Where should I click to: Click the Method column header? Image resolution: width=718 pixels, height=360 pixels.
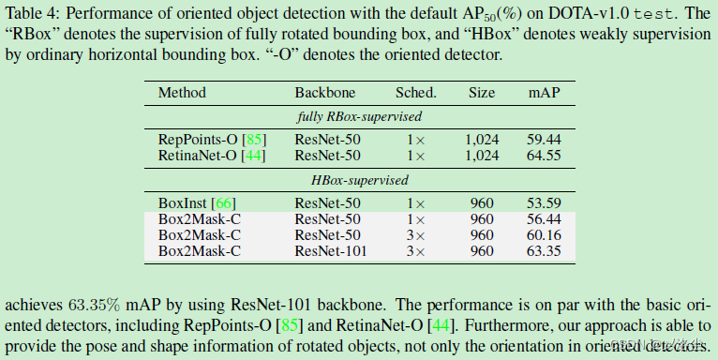182,94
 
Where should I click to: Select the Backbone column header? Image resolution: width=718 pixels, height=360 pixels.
323,94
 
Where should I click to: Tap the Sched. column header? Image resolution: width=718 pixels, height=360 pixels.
416,94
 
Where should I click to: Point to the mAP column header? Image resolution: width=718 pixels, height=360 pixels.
544,94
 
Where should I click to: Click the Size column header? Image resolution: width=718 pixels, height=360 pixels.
482,94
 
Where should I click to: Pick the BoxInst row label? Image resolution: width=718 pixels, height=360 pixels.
183,202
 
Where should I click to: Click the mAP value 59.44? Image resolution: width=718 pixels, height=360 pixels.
544,139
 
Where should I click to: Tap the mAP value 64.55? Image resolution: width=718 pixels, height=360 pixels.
544,155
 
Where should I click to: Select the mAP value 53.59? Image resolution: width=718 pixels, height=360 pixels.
544,202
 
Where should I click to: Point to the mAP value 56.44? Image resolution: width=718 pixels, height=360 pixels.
544,218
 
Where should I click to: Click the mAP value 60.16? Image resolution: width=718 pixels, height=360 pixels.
544,234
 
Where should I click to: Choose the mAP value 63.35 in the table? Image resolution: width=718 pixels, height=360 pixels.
544,250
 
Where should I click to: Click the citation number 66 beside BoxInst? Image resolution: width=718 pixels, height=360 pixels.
225,202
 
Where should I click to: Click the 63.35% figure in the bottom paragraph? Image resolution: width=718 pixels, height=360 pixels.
93,306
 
